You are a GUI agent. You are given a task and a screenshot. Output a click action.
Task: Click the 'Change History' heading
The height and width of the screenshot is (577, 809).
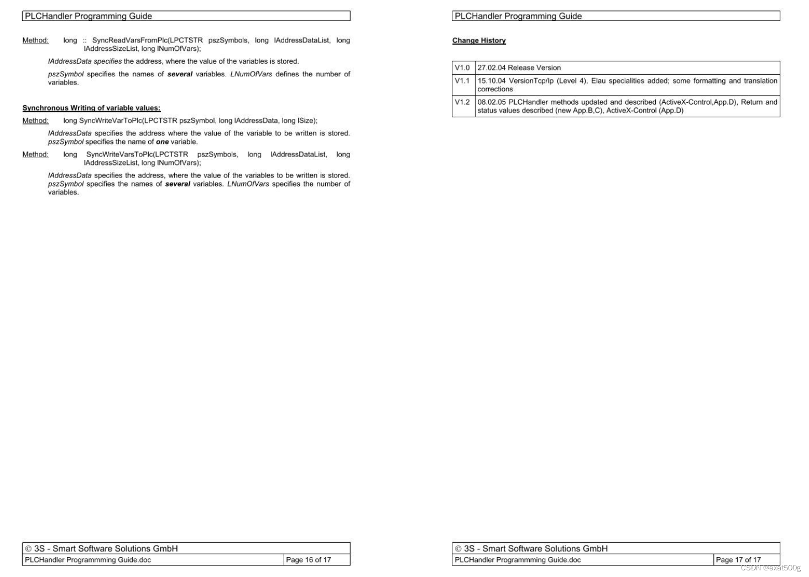click(x=479, y=40)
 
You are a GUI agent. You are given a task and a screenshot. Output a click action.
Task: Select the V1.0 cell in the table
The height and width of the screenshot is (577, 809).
click(x=462, y=67)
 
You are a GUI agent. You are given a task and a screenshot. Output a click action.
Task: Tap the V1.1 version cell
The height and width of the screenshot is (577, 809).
click(x=462, y=81)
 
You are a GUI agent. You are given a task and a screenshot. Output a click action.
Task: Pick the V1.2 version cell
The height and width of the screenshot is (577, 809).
click(x=462, y=102)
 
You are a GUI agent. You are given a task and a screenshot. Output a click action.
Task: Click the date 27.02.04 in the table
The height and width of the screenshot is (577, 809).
click(x=491, y=67)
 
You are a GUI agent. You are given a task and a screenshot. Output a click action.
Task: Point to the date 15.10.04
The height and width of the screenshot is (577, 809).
click(x=491, y=81)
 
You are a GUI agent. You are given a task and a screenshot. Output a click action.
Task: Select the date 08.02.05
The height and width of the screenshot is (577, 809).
click(x=491, y=102)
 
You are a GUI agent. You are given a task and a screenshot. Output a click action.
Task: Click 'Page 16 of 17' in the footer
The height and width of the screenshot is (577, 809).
click(x=309, y=559)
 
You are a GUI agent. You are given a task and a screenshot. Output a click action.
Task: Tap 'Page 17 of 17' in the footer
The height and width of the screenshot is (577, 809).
click(x=738, y=559)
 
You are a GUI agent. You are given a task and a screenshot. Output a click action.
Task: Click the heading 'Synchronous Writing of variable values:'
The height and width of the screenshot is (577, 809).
click(x=91, y=108)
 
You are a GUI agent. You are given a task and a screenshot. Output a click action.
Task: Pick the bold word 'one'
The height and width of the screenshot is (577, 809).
click(x=162, y=142)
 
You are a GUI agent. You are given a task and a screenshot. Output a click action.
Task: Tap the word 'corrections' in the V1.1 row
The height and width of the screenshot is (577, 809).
click(x=495, y=89)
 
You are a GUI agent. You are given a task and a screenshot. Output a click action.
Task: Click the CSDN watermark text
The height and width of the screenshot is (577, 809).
click(x=770, y=568)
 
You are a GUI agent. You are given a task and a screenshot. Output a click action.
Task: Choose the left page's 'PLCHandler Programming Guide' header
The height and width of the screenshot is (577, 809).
click(x=88, y=16)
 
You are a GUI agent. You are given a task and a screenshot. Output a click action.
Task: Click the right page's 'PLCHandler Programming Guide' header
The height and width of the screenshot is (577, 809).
click(x=518, y=16)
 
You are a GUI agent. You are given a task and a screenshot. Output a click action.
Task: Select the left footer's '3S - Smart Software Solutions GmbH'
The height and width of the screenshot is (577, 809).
click(x=106, y=548)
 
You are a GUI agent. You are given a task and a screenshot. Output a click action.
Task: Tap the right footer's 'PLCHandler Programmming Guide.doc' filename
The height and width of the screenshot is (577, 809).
click(x=518, y=559)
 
